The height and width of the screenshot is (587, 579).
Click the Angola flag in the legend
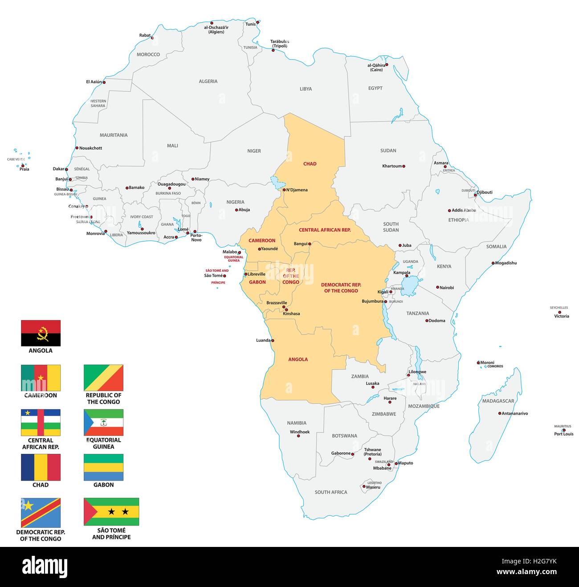click(41, 333)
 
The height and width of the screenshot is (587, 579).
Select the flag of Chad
click(41, 467)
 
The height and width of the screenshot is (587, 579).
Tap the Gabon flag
click(103, 467)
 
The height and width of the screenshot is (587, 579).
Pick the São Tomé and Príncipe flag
click(111, 512)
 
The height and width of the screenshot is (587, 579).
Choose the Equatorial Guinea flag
click(103, 422)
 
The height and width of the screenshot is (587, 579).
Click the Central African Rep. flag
click(41, 422)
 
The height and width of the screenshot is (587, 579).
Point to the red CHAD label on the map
click(310, 164)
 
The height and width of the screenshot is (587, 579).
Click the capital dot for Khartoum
click(404, 166)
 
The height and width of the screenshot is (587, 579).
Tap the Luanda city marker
click(273, 341)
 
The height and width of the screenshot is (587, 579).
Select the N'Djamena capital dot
click(284, 190)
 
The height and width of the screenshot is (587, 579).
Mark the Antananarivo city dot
click(499, 413)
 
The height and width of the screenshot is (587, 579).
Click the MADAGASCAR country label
click(497, 401)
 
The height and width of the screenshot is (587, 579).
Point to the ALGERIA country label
click(208, 82)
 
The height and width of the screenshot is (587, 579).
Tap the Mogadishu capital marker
click(493, 263)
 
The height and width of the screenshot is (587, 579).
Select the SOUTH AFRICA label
click(330, 492)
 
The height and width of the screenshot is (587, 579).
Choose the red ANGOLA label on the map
click(298, 359)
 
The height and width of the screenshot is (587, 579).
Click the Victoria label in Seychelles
click(561, 316)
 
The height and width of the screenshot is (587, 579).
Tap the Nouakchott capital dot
click(77, 148)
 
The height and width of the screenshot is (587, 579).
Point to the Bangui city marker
click(310, 244)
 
